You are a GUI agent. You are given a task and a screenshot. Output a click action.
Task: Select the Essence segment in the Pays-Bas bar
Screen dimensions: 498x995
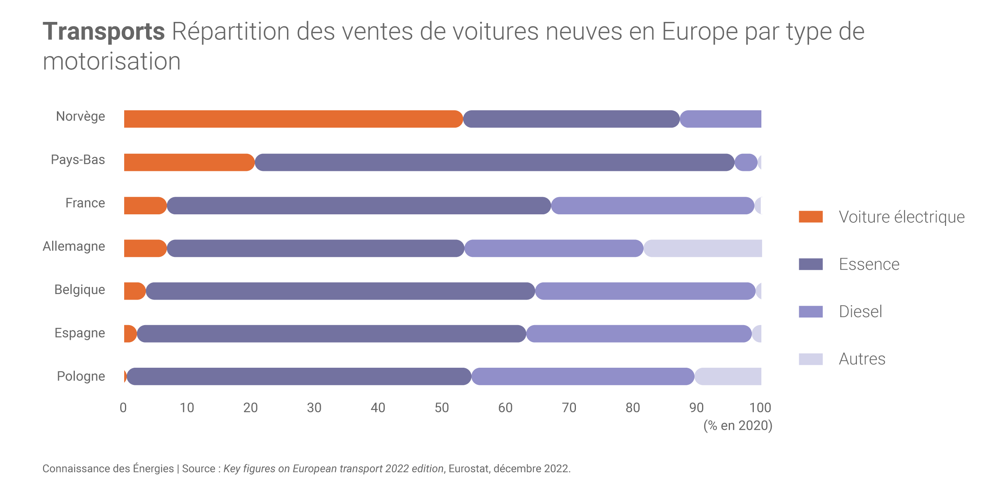click(x=494, y=163)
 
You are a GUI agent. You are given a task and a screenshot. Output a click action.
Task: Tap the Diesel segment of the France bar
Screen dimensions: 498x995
click(x=653, y=206)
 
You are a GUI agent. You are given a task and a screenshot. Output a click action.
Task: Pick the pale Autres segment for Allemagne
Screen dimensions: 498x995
click(x=703, y=248)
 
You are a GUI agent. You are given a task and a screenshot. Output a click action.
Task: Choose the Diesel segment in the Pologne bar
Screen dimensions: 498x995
click(x=583, y=376)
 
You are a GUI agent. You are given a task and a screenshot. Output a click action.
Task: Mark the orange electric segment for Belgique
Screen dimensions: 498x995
click(x=135, y=291)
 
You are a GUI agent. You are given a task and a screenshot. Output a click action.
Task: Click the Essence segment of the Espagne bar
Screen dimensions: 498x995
click(x=332, y=334)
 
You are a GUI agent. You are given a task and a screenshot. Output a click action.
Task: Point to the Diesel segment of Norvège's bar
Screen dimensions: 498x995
click(x=721, y=119)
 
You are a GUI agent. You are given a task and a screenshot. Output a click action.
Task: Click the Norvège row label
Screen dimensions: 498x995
click(x=80, y=116)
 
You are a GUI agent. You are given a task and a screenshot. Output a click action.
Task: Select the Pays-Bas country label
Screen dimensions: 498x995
click(x=78, y=160)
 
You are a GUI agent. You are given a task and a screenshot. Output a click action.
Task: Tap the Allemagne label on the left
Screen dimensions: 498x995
click(x=74, y=246)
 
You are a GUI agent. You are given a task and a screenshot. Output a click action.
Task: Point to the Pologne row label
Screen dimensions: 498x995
click(x=81, y=376)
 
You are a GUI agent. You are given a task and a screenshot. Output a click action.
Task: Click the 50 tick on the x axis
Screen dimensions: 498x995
click(x=442, y=408)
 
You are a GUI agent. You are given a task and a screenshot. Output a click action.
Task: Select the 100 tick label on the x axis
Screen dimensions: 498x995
click(x=760, y=408)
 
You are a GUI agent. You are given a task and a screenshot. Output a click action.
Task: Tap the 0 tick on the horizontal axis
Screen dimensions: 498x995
click(x=123, y=408)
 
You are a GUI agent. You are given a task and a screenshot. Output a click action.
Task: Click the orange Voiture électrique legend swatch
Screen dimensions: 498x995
click(x=811, y=217)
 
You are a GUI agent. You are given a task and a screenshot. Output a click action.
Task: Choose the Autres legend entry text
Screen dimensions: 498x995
click(x=862, y=359)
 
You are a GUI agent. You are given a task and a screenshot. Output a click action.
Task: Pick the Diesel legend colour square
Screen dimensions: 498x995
click(x=811, y=312)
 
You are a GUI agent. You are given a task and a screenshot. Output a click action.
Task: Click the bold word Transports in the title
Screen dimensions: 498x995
click(x=103, y=31)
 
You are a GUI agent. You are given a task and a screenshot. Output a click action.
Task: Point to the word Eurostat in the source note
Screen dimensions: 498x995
click(x=469, y=469)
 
